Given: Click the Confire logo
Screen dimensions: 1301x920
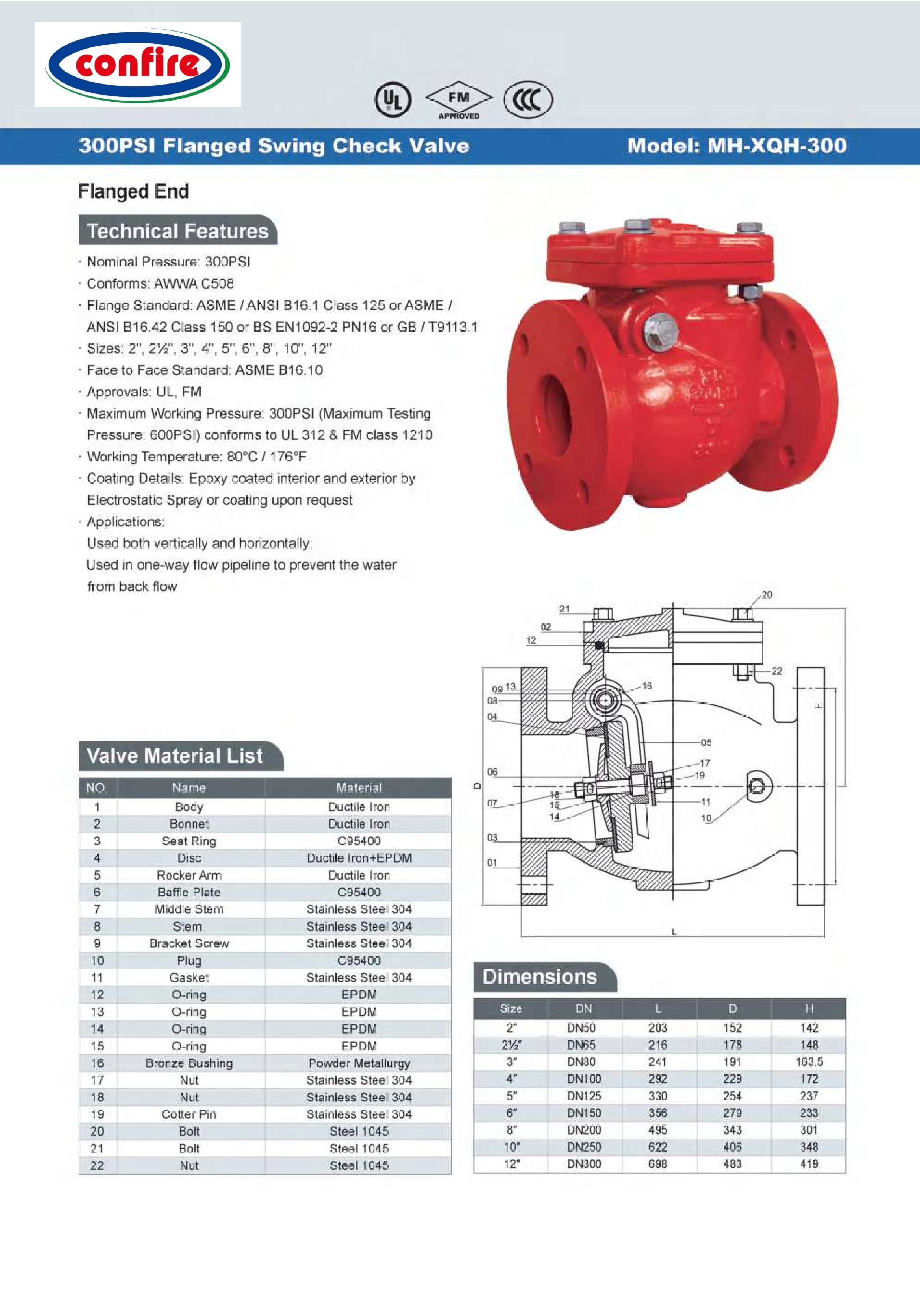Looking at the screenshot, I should tap(138, 65).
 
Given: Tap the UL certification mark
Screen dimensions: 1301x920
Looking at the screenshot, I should tap(393, 100).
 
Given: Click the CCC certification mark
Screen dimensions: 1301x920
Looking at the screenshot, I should tap(527, 100).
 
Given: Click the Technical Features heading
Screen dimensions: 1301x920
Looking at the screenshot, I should tap(177, 231).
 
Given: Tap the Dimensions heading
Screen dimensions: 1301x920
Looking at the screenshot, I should tap(540, 976).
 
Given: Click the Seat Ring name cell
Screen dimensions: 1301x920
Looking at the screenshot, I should tap(189, 841).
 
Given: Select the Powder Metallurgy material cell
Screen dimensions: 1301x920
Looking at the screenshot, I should tap(359, 1063).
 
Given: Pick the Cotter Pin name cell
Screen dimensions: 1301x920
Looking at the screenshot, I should tap(189, 1114).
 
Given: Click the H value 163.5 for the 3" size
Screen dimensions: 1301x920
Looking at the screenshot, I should tap(809, 1061).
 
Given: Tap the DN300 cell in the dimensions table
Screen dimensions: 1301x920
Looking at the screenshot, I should tap(584, 1164).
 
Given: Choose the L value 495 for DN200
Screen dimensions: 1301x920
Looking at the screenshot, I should tap(658, 1130).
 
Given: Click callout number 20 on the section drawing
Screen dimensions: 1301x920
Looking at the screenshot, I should tap(766, 594).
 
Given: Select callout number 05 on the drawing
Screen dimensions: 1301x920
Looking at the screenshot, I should tap(706, 742).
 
